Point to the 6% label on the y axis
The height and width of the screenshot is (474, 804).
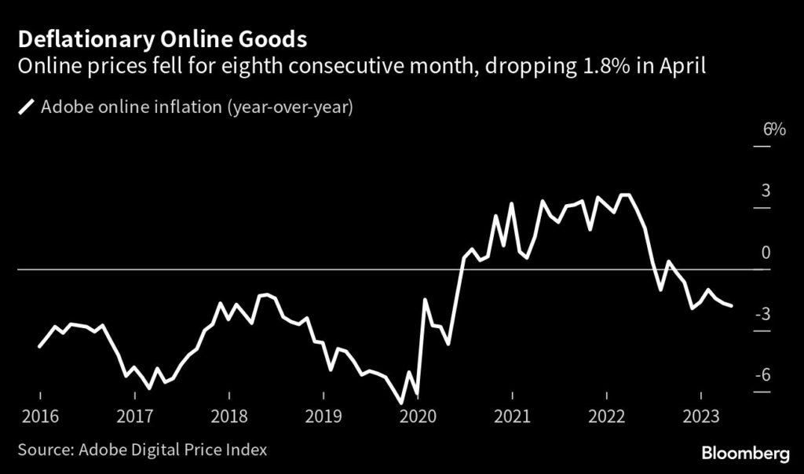coord(773,129)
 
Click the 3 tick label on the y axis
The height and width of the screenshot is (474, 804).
coord(765,191)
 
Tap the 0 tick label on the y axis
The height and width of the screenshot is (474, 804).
coord(766,253)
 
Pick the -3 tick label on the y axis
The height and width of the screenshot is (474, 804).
coord(762,314)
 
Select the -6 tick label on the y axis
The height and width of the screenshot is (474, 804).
coord(762,375)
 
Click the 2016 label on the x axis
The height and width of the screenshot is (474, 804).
coord(38,416)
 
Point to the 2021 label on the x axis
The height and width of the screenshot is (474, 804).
coord(512,416)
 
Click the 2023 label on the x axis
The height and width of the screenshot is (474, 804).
coord(700,416)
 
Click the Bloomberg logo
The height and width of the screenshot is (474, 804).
coord(744,453)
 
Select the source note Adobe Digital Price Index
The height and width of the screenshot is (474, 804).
coord(141,450)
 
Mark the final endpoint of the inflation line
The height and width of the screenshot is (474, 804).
coord(732,305)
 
